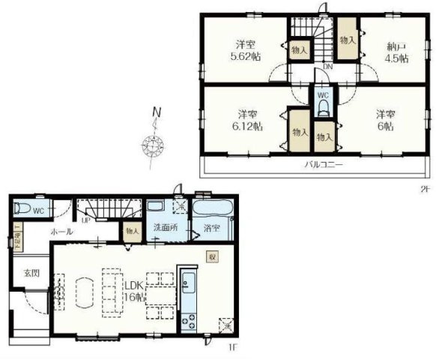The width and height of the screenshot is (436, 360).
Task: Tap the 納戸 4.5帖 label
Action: tap(396, 52)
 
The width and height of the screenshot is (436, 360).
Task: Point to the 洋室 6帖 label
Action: tap(385, 120)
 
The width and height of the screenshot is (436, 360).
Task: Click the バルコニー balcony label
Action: tap(323, 163)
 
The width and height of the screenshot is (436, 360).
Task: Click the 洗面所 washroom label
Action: tap(164, 226)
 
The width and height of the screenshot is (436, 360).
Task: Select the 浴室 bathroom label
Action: tap(211, 228)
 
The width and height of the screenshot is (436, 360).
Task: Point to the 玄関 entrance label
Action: tap(30, 272)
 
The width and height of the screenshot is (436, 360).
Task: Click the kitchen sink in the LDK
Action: tap(186, 284)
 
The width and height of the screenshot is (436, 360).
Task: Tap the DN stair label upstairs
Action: tap(327, 67)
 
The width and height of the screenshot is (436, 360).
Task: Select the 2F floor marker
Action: tap(425, 188)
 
